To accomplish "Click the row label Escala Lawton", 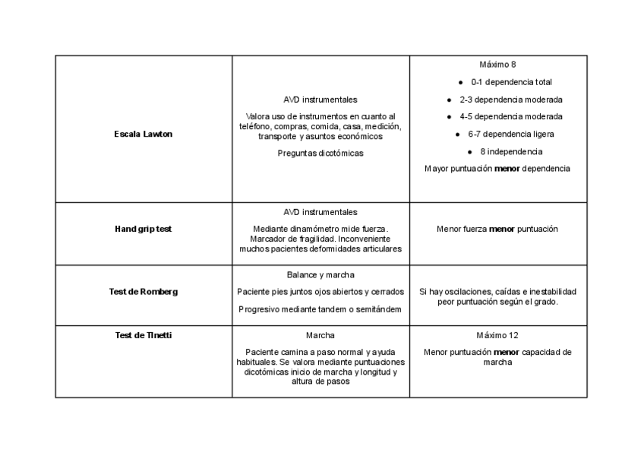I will [x=144, y=134].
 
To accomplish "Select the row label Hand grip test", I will [x=144, y=229].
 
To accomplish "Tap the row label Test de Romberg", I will [x=144, y=292].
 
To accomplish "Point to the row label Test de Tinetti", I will [x=144, y=335].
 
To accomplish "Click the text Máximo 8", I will [x=498, y=65].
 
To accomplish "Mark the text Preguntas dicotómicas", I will [x=320, y=154].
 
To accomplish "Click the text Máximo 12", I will [x=498, y=335].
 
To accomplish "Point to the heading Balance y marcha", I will [x=320, y=275].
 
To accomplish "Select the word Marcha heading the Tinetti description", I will [x=320, y=335].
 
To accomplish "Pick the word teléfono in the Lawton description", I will [x=257, y=126].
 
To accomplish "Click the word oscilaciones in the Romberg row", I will [x=469, y=292].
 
